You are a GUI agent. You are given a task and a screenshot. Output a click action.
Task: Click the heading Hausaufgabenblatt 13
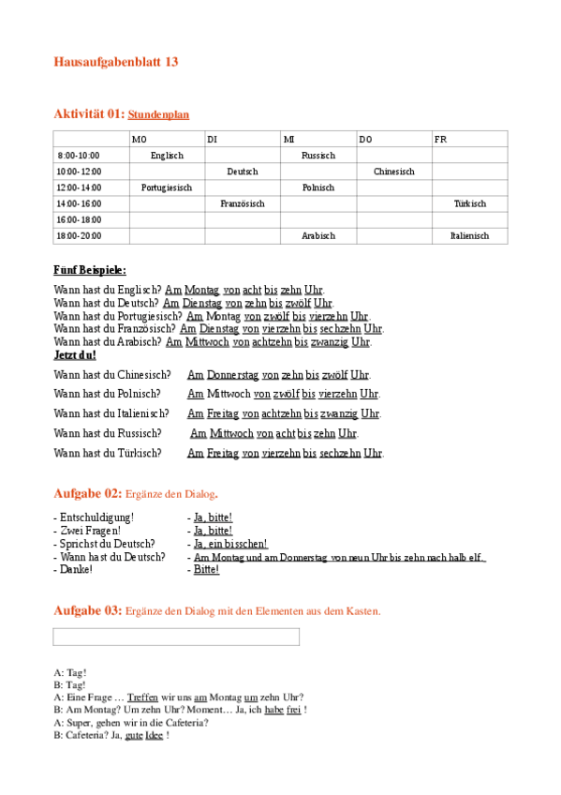coord(116,62)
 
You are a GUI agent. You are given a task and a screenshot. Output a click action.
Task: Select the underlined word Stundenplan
coord(158,114)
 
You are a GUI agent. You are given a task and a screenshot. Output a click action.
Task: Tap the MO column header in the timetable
coord(140,140)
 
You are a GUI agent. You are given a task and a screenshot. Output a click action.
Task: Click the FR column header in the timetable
coord(440,140)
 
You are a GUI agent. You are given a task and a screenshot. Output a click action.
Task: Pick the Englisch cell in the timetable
coord(167,156)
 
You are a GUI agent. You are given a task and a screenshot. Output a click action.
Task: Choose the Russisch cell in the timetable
coord(318,156)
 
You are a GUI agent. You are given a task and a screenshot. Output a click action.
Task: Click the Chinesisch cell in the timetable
coord(393,172)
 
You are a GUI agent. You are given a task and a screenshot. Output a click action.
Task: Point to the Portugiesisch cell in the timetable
coord(167,187)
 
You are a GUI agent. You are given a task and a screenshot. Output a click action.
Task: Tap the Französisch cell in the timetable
coord(243,203)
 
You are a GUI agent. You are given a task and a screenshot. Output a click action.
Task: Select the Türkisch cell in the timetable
coord(469,203)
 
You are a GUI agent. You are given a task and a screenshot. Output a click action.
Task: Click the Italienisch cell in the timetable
coord(469,236)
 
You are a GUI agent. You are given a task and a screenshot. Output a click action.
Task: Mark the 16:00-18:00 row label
coord(79,219)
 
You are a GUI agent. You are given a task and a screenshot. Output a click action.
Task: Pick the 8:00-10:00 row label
coord(79,156)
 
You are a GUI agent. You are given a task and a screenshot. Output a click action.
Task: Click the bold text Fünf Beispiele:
coord(90,270)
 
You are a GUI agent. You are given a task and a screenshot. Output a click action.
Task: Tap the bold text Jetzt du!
coord(75,355)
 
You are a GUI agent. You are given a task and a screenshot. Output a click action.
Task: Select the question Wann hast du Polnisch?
coord(107,394)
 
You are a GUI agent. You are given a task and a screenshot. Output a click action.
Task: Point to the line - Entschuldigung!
coord(94,517)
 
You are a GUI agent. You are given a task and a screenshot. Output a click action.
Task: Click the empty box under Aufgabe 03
coord(176,637)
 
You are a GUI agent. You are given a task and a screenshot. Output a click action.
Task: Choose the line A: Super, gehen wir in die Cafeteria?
coord(131,723)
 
